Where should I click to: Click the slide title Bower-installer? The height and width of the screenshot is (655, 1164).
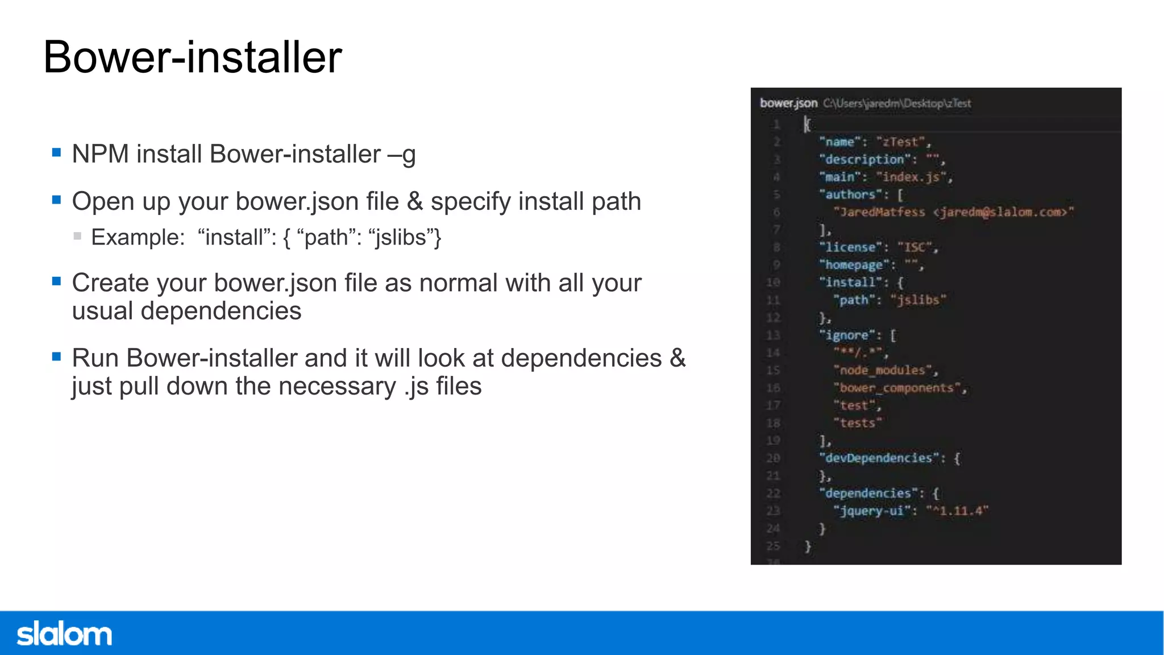(193, 57)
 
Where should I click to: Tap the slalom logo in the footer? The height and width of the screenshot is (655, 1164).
(64, 634)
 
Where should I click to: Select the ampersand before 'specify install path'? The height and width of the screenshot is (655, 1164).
(415, 202)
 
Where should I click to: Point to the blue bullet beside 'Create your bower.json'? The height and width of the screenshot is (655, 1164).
(56, 281)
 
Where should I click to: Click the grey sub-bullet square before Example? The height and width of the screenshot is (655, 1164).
(77, 236)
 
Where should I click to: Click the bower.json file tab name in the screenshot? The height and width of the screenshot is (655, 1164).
(788, 103)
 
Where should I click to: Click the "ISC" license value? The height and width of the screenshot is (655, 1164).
(915, 247)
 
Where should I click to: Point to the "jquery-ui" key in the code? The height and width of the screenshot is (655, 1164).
(872, 511)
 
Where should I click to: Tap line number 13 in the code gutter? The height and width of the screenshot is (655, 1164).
(773, 335)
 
